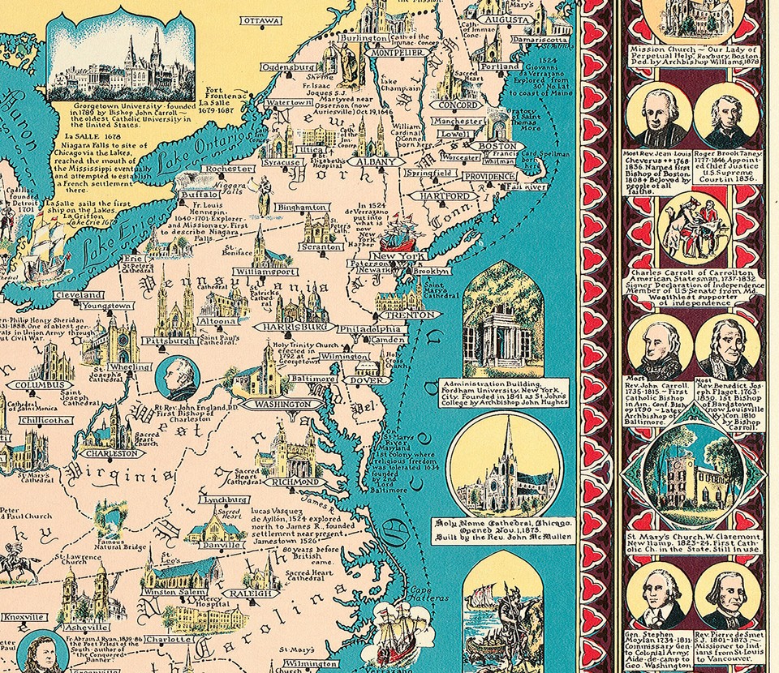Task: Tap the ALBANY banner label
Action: [x=376, y=162]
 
